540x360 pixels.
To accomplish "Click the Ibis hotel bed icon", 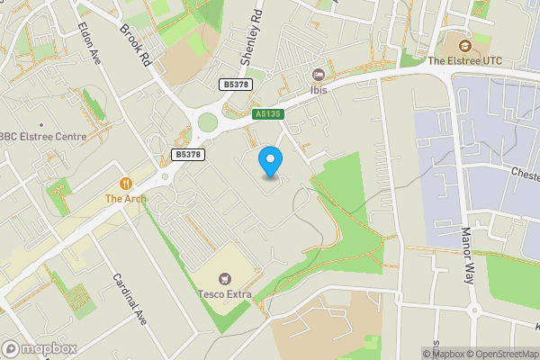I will pos(318,76).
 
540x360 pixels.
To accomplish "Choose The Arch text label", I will pos(125,198).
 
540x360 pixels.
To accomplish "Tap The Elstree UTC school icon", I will pos(465,46).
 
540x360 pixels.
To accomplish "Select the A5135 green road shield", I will pos(267,114).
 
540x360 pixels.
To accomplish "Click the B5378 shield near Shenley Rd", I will pos(236,84).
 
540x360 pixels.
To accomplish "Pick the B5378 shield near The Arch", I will pos(187,155).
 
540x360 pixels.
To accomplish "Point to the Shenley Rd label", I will pos(254,38).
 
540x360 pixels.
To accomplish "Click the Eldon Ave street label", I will pos(91,41).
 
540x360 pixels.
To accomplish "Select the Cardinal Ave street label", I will pos(129,298).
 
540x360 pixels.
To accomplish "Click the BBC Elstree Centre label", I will pos(42,137).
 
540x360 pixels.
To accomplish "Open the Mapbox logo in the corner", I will pos(39,348).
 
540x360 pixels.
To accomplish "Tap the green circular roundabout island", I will pos(208,122).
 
